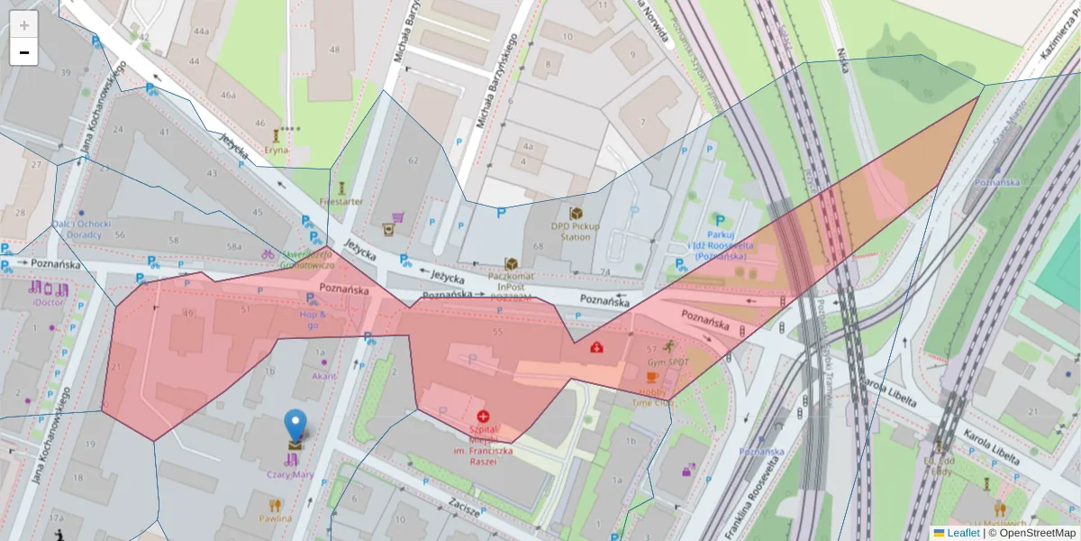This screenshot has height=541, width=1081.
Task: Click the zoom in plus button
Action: pos(24,24)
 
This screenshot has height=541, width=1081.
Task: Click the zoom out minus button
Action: pos(24,52)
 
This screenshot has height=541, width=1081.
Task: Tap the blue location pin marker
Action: pos(295,426)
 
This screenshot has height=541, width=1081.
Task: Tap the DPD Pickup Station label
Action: pos(576,231)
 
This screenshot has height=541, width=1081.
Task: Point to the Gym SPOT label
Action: pos(668,362)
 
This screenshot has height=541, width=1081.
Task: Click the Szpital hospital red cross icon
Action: pos(484,416)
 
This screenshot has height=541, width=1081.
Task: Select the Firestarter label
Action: pos(341,201)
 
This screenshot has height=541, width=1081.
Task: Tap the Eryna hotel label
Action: pos(277,150)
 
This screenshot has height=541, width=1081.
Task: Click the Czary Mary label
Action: pos(290,474)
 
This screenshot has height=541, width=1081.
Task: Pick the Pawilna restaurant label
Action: pos(276,518)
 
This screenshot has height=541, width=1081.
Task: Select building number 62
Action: pos(413,160)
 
